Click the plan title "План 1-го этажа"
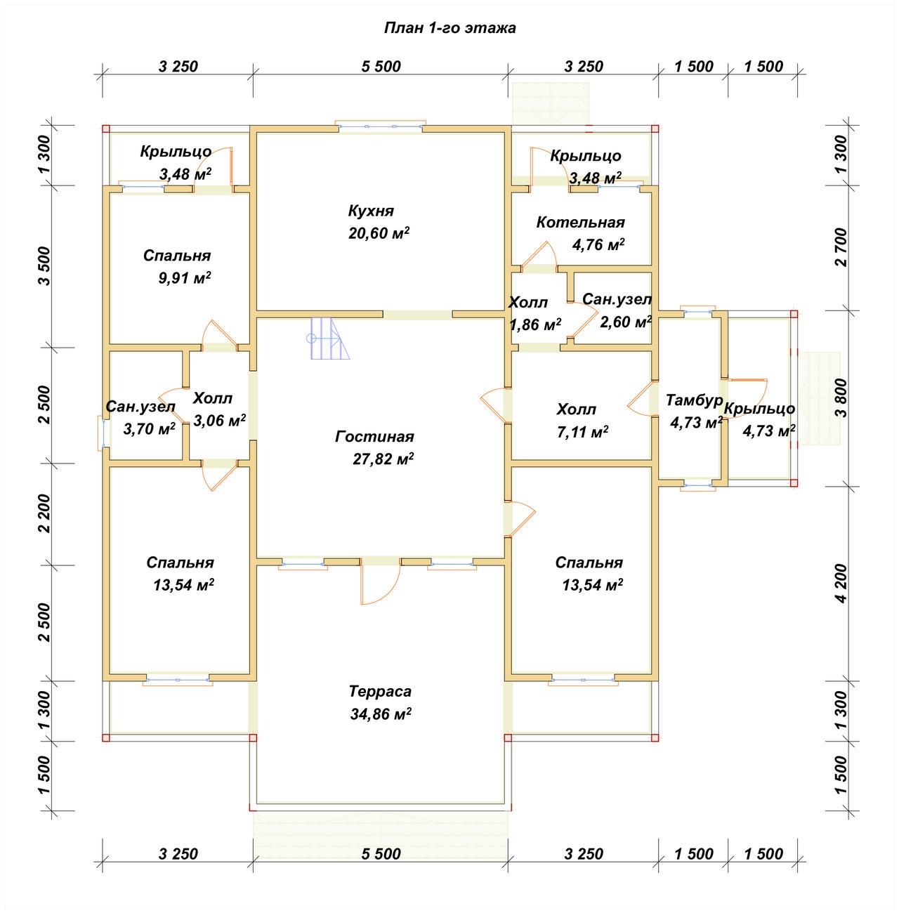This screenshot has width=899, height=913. pyautogui.click(x=449, y=28)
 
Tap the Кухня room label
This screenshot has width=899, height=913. pyautogui.click(x=371, y=211)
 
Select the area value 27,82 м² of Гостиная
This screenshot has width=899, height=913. pyautogui.click(x=383, y=459)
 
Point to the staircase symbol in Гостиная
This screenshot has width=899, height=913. pyautogui.click(x=330, y=339)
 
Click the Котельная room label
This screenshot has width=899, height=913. pyautogui.click(x=581, y=222)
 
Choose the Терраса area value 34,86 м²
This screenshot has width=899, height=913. pyautogui.click(x=381, y=714)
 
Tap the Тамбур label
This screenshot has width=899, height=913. pyautogui.click(x=695, y=400)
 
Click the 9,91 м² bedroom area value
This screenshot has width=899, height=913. pyautogui.click(x=184, y=277)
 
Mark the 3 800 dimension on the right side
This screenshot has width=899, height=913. pyautogui.click(x=841, y=398)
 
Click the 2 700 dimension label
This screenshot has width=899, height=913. pyautogui.click(x=841, y=247)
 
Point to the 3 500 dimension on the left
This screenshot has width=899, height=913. pyautogui.click(x=44, y=265)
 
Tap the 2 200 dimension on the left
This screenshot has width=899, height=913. pyautogui.click(x=44, y=513)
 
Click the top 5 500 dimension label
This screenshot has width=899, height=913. pyautogui.click(x=381, y=66)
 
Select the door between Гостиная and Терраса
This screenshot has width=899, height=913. pyautogui.click(x=381, y=582)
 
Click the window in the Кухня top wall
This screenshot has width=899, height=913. pyautogui.click(x=381, y=126)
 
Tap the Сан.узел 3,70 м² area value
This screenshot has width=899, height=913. pyautogui.click(x=150, y=428)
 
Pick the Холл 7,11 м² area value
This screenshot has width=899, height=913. pyautogui.click(x=582, y=432)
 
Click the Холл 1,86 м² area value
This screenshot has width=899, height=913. pyautogui.click(x=535, y=324)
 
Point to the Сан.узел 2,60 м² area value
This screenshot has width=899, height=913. pyautogui.click(x=626, y=322)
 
